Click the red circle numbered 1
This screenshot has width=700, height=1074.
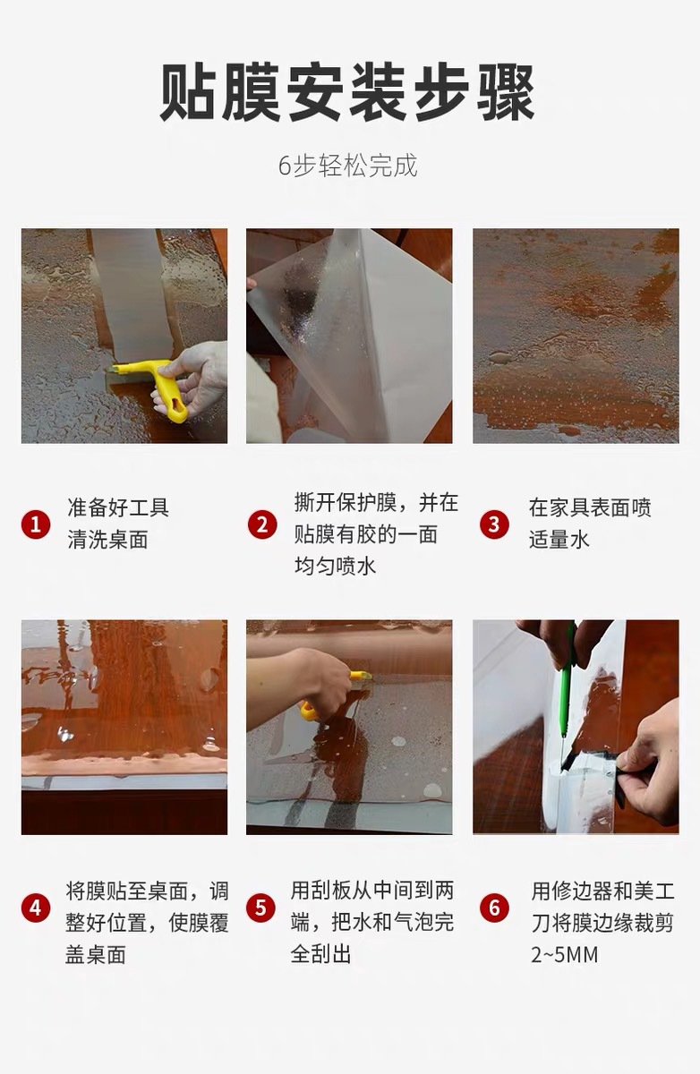pos(36,524)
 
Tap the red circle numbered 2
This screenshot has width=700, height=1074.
pos(262,524)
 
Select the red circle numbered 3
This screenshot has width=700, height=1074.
pos(494,524)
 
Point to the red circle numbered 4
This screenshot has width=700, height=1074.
pos(36,908)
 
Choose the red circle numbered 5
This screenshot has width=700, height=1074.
pos(260,908)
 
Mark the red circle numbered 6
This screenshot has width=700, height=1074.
pos(494,908)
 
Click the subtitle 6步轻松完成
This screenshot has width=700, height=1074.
pos(348,166)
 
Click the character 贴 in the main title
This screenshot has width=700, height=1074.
pos(187,92)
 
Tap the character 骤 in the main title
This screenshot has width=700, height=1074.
pos(507,92)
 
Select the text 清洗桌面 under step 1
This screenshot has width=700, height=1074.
pos(108,540)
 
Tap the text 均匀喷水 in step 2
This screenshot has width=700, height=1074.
pos(335,566)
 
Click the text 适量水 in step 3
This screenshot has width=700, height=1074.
pos(559,540)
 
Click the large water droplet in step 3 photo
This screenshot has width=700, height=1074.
pos(500,358)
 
